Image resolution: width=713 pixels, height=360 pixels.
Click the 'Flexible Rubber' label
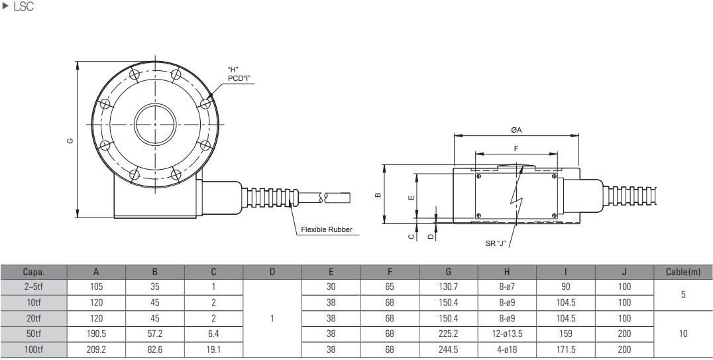tap(326, 230)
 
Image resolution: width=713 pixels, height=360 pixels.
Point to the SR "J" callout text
tap(495, 243)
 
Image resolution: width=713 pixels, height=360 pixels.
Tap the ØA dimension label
tap(516, 130)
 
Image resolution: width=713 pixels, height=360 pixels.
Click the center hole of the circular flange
tap(155, 124)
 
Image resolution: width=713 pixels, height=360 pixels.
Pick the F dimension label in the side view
tap(516, 149)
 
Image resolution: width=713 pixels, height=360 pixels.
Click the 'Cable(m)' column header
tap(683, 271)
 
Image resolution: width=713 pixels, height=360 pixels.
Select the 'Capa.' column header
tap(33, 271)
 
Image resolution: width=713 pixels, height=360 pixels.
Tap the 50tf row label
tap(33, 333)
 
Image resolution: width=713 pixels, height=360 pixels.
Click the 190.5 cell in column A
tap(96, 333)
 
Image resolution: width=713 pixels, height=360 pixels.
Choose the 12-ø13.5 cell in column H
tap(507, 333)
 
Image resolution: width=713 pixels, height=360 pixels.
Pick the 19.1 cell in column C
tap(214, 349)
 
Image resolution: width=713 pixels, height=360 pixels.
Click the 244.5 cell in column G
tap(449, 349)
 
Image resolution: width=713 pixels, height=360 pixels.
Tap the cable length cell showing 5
tap(683, 294)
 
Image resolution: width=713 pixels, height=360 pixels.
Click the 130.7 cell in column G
tap(449, 286)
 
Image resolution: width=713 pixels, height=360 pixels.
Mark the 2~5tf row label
tap(33, 286)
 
